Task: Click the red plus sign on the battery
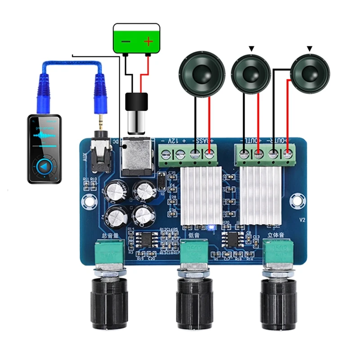coord(148,42)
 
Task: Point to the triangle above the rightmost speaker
coord(310,48)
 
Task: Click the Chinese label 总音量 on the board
coord(111,234)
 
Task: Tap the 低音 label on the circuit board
coord(194,234)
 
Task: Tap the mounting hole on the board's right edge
coord(297,199)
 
